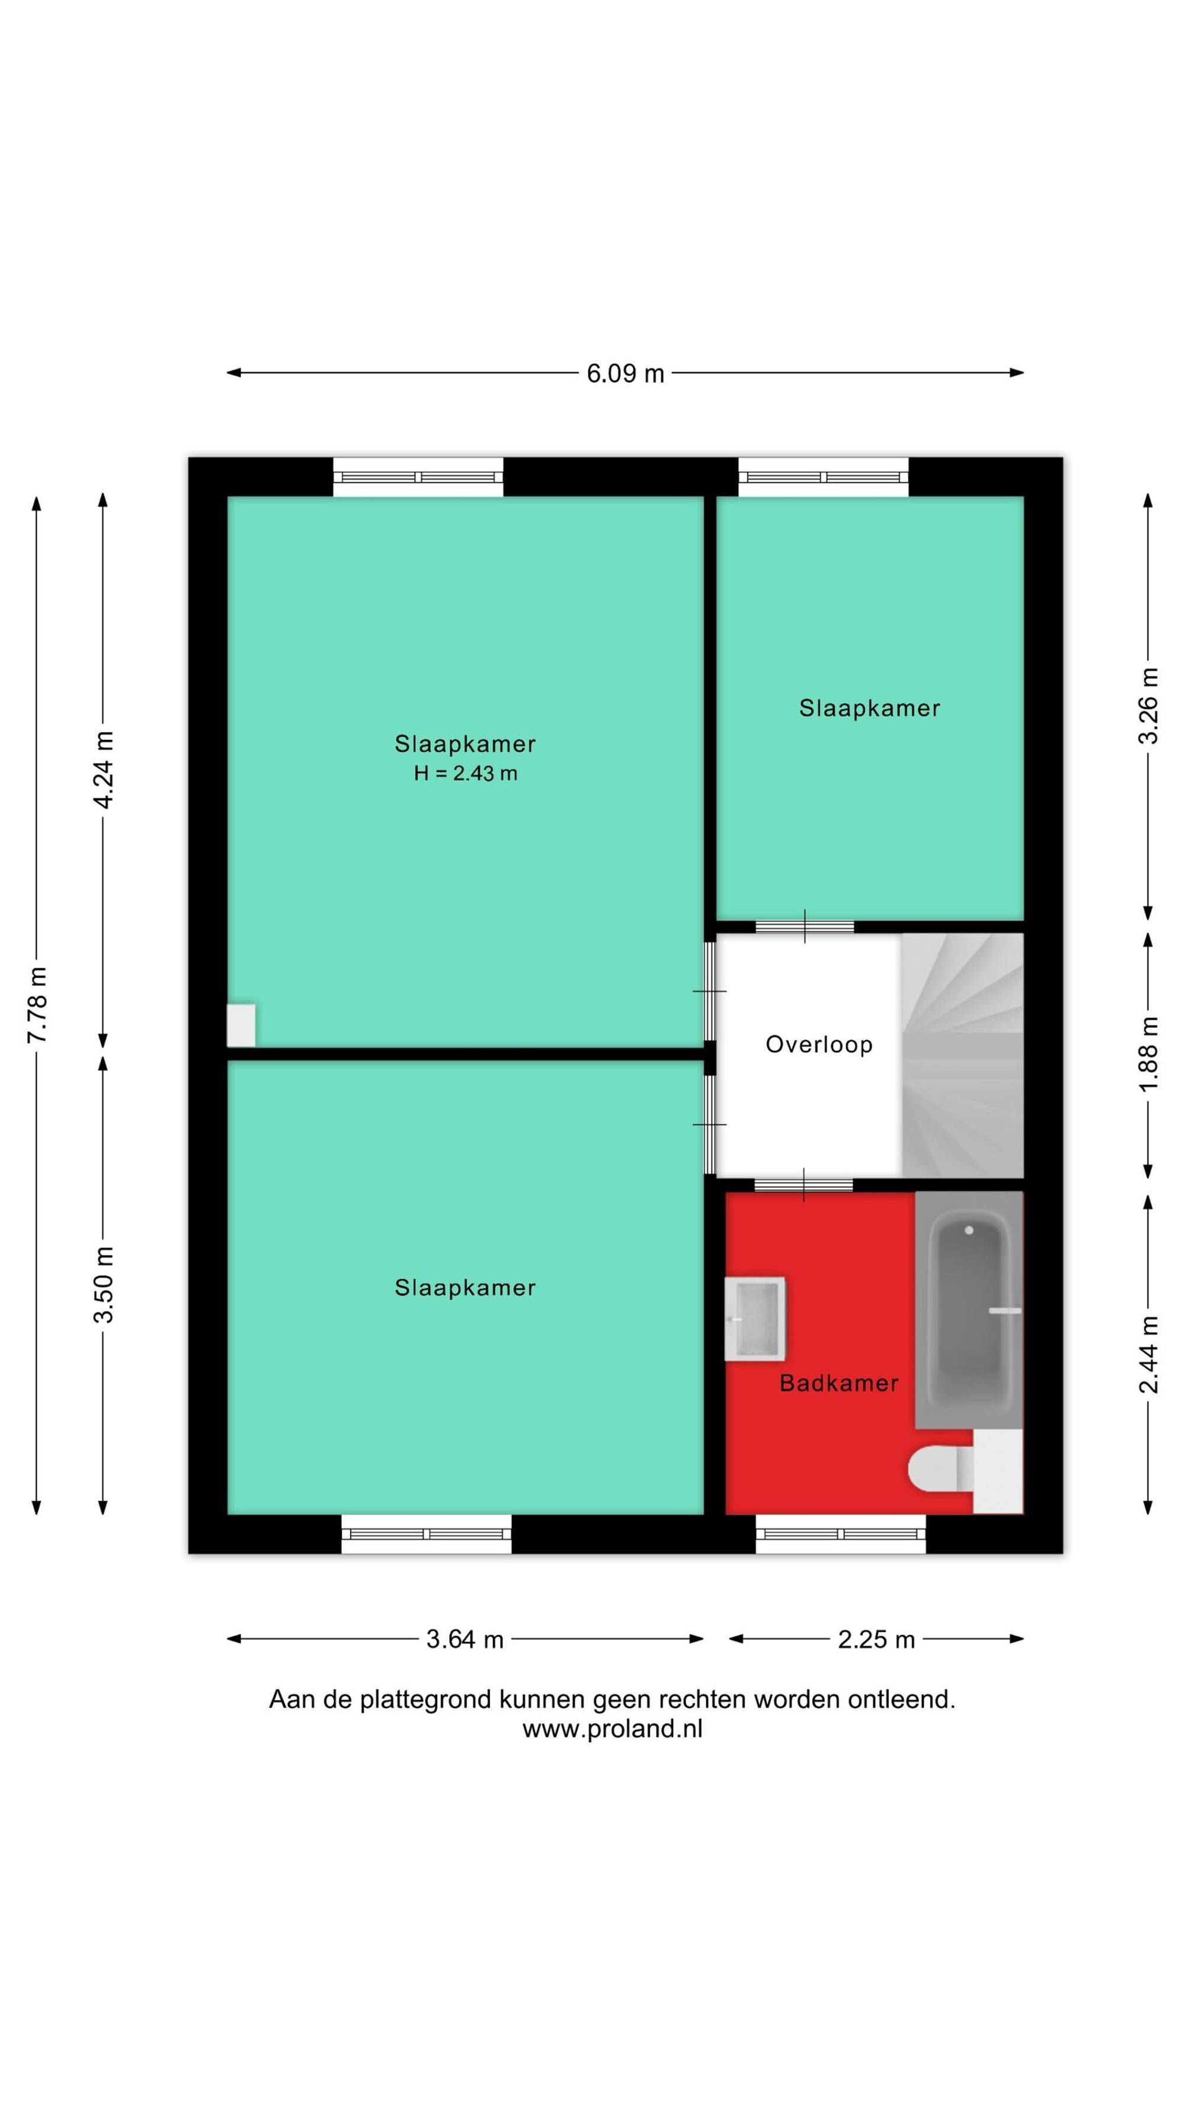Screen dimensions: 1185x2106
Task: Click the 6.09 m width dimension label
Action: tap(625, 374)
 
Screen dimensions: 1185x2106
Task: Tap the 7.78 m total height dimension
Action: tap(37, 1004)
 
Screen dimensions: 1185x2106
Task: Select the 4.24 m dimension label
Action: tap(104, 770)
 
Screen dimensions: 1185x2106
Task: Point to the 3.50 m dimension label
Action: tap(104, 1285)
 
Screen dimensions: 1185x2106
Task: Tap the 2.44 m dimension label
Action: tap(1149, 1355)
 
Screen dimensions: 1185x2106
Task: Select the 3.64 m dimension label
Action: tap(465, 1639)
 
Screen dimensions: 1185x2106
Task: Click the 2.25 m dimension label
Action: tap(876, 1639)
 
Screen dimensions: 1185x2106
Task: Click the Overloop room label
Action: tap(819, 1044)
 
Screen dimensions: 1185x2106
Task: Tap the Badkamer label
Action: tap(839, 1383)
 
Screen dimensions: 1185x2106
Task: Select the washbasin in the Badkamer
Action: tap(755, 1318)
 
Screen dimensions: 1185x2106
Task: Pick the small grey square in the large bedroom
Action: tap(241, 1025)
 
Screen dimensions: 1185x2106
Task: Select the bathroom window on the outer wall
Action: tap(841, 1534)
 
